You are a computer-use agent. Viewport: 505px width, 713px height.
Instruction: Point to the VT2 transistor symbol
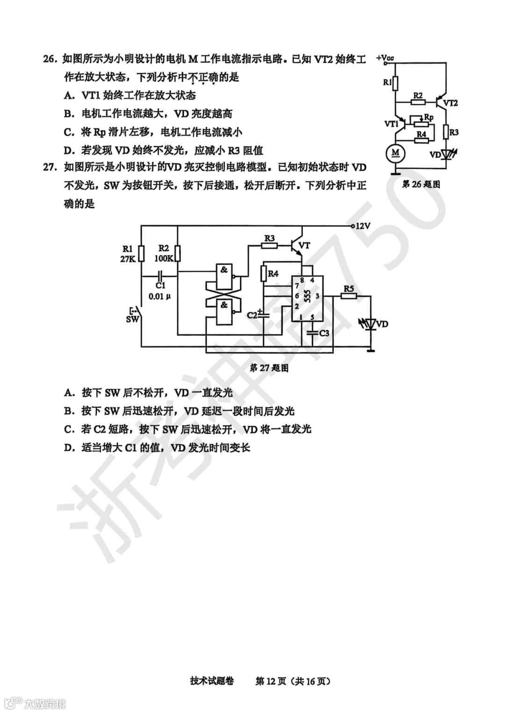coord(442,99)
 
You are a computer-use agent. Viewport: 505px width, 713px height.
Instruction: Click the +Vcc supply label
coord(384,58)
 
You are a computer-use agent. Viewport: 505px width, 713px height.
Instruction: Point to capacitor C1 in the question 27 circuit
coord(160,275)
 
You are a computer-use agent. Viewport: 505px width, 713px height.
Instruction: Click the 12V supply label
coord(363,226)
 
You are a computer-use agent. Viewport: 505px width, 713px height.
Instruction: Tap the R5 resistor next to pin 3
coord(349,296)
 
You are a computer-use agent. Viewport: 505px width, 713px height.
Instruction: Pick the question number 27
coord(50,167)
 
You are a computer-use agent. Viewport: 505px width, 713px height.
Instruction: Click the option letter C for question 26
coord(69,132)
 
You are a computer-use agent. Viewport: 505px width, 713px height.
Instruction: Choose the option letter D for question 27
coord(69,448)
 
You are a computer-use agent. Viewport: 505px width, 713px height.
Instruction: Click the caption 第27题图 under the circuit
coord(269,368)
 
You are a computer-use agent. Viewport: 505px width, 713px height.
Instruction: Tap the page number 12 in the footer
coord(272,681)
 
